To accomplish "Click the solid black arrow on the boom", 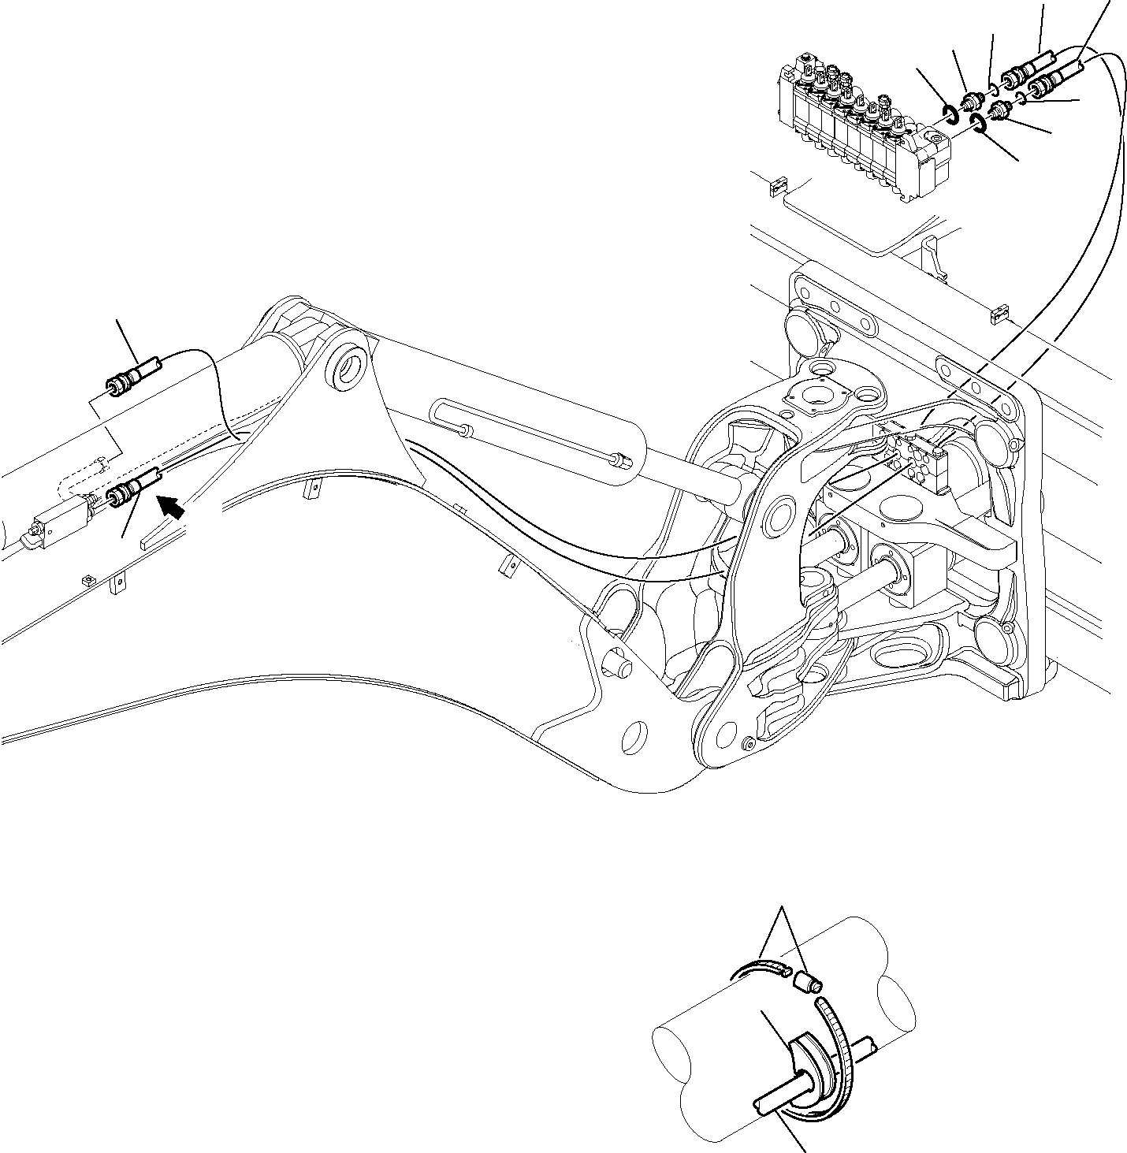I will [x=173, y=504].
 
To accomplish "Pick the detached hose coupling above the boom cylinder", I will [x=132, y=376].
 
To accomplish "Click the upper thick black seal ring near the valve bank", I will [x=950, y=113].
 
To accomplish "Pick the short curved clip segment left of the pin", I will [x=760, y=969].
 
